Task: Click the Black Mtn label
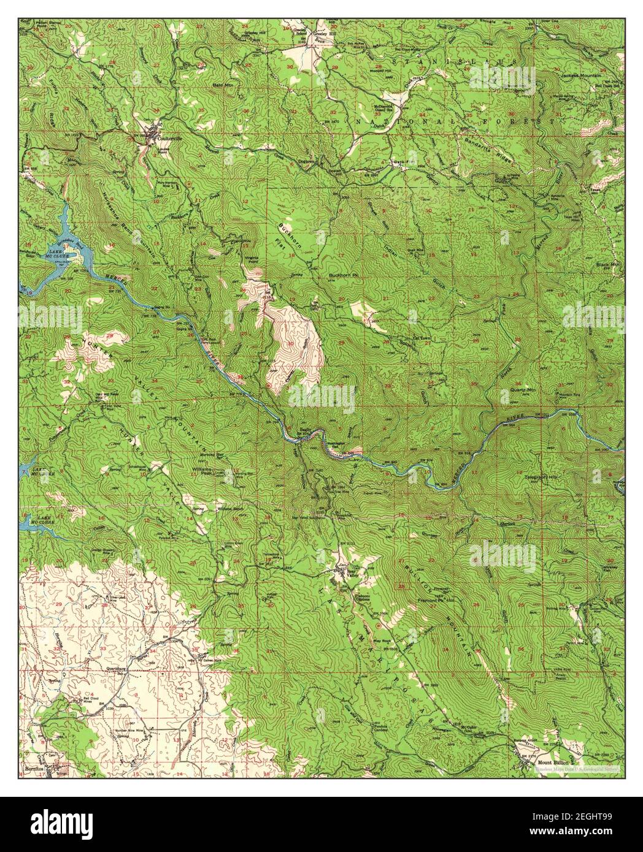point(609,264)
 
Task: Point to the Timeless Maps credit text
point(577,768)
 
